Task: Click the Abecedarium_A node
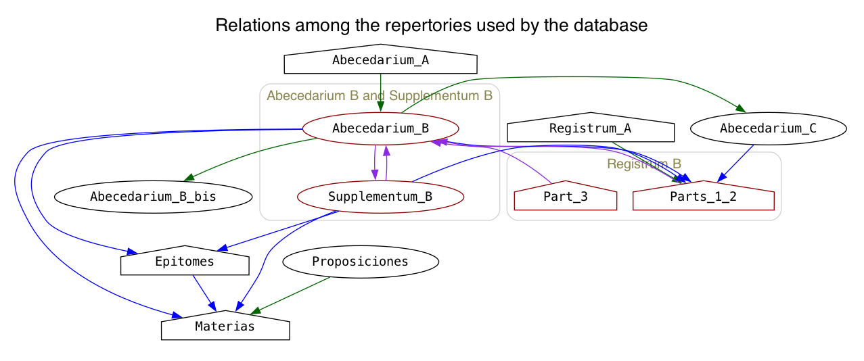[380, 59]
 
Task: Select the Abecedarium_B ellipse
[380, 128]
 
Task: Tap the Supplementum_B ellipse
[380, 197]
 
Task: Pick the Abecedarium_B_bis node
[153, 197]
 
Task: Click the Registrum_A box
[591, 128]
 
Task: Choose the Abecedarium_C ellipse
[769, 128]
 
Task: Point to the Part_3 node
[566, 196]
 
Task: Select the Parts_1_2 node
[703, 196]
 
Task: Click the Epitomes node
[185, 261]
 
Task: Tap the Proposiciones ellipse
[360, 262]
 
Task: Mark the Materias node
[225, 326]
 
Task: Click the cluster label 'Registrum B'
[644, 164]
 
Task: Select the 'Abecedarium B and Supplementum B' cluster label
[380, 95]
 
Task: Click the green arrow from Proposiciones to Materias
[290, 295]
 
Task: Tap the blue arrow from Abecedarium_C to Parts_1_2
[735, 164]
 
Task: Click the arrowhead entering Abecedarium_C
[741, 109]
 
